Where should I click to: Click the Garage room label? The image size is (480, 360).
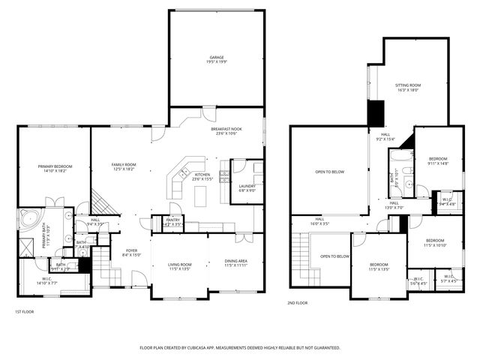[x=217, y=58]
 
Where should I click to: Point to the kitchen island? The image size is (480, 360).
[x=199, y=196]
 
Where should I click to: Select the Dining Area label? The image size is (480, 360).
[x=236, y=261]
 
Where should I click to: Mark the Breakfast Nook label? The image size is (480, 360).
[x=224, y=130]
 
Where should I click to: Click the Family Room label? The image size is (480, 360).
[x=124, y=164]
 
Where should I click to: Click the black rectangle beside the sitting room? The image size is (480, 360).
[x=375, y=112]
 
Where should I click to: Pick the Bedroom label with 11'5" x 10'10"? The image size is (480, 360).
[x=435, y=241]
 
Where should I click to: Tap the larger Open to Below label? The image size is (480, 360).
[x=330, y=172]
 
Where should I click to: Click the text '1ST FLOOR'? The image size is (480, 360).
[x=25, y=311]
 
